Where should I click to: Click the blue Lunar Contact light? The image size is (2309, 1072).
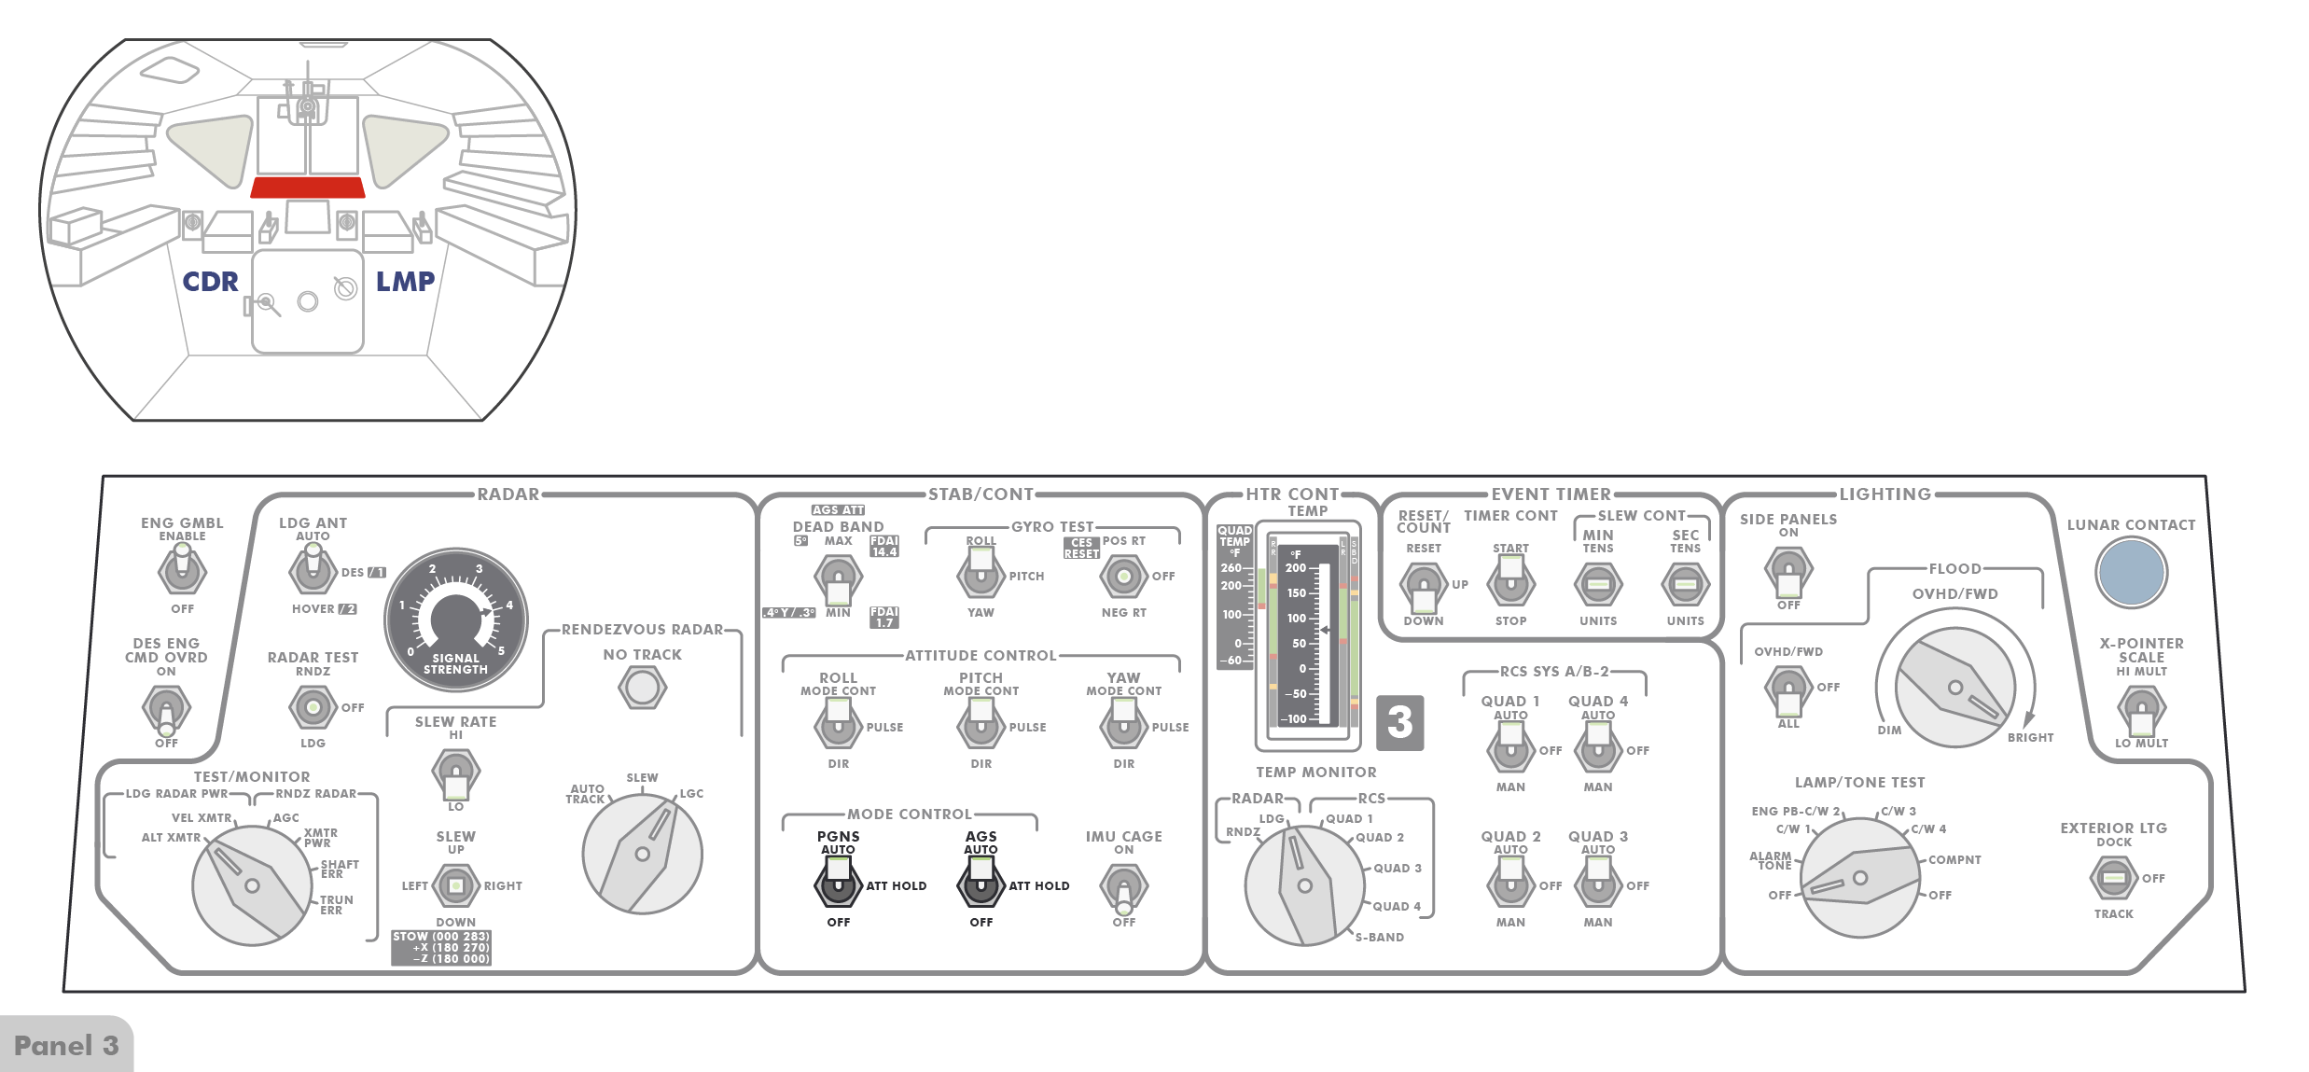click(2131, 573)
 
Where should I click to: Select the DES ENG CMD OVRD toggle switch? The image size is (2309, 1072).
click(166, 710)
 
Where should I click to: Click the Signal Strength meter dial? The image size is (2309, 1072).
click(456, 619)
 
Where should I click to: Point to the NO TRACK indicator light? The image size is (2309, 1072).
click(642, 688)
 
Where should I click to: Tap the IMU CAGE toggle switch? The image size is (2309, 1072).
click(1123, 887)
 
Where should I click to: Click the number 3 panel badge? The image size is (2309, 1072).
click(1399, 722)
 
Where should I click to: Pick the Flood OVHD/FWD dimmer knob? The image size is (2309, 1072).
click(1954, 688)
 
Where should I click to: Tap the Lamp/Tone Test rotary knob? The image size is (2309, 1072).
click(1859, 877)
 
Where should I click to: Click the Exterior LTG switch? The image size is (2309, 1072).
click(2113, 877)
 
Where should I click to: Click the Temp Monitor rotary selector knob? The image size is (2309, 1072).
click(1304, 884)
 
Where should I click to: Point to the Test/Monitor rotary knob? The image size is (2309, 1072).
click(252, 884)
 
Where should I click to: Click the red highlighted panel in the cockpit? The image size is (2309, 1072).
click(307, 188)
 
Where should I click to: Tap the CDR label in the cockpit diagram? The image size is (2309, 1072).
click(210, 282)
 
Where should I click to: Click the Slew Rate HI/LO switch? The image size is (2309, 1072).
click(455, 774)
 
